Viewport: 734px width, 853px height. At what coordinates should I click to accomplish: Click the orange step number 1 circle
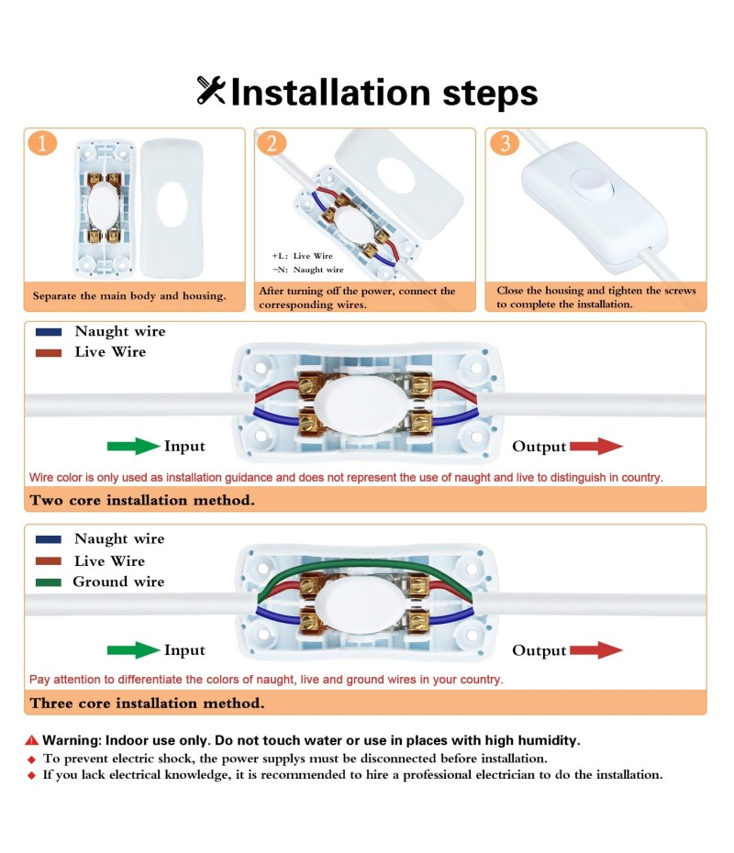click(42, 143)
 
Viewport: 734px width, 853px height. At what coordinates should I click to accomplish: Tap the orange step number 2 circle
click(272, 143)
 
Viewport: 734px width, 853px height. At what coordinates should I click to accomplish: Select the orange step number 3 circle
click(504, 143)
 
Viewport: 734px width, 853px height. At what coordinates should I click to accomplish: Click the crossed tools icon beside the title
click(211, 90)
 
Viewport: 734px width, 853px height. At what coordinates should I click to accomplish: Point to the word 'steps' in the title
click(490, 93)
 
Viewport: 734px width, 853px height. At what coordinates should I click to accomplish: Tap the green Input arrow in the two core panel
click(133, 446)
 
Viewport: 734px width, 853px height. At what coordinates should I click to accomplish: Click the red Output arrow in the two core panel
click(596, 446)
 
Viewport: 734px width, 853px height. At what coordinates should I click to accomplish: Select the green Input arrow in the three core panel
click(133, 650)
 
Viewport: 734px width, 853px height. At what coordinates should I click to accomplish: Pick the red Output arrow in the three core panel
click(596, 650)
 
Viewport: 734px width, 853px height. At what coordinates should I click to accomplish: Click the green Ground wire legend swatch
click(49, 582)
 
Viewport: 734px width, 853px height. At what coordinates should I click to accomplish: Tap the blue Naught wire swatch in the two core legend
click(49, 332)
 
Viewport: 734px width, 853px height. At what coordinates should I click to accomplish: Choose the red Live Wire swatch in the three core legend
click(49, 560)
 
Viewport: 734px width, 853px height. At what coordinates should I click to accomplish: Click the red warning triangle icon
click(32, 740)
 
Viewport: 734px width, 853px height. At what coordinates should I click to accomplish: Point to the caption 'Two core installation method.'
click(142, 500)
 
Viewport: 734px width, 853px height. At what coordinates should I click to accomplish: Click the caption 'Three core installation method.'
click(147, 703)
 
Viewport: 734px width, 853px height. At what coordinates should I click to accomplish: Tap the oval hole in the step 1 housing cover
click(172, 205)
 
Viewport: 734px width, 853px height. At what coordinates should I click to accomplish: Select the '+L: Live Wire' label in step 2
click(302, 256)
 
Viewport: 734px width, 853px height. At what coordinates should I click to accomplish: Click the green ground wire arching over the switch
click(364, 566)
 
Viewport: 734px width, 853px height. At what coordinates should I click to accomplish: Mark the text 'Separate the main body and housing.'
click(129, 296)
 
